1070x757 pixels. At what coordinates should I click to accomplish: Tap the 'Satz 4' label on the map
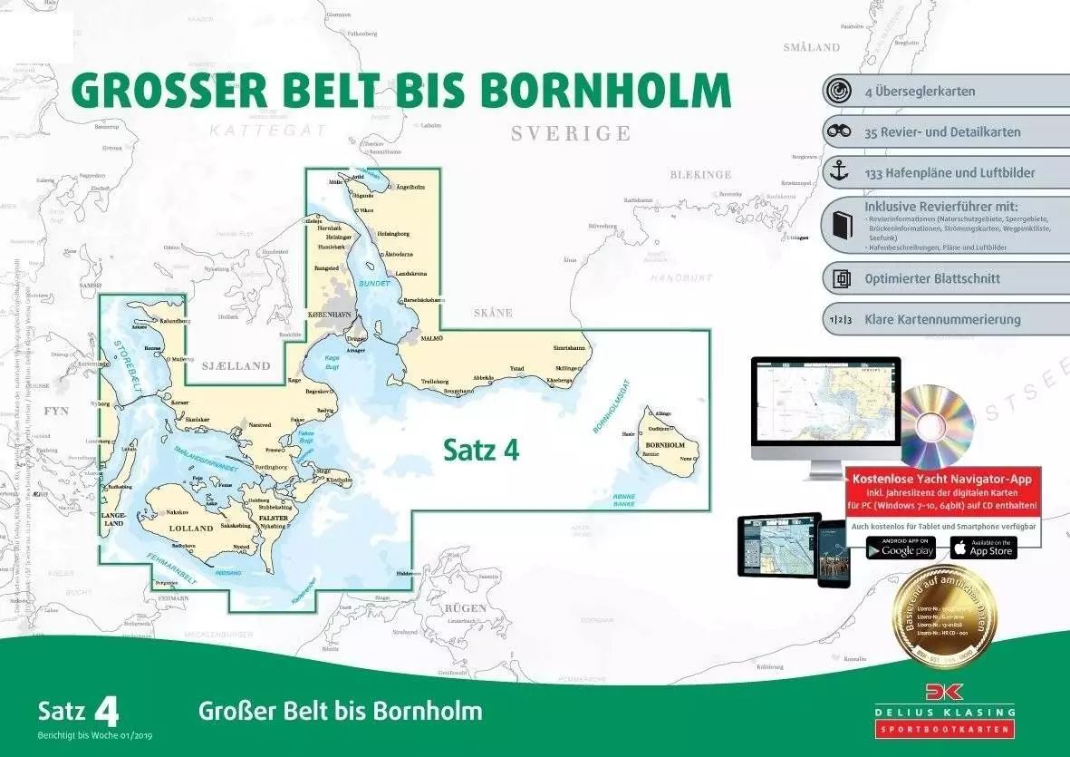(x=481, y=450)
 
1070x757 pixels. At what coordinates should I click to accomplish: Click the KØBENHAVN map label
(x=334, y=313)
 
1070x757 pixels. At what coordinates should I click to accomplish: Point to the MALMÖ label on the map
(x=433, y=337)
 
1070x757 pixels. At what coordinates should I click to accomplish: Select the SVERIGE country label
(x=570, y=134)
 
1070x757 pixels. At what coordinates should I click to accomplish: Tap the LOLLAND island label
(x=191, y=528)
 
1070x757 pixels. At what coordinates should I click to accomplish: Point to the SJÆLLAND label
(x=236, y=366)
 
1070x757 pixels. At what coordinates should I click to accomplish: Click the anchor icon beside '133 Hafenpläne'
(x=842, y=171)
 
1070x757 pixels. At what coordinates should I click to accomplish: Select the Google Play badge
(x=901, y=548)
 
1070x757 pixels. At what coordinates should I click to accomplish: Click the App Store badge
(x=983, y=548)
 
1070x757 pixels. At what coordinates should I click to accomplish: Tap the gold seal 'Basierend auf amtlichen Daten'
(x=944, y=618)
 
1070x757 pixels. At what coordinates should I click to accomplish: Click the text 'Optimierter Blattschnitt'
(x=932, y=279)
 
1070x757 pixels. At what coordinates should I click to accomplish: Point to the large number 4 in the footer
(x=105, y=712)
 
